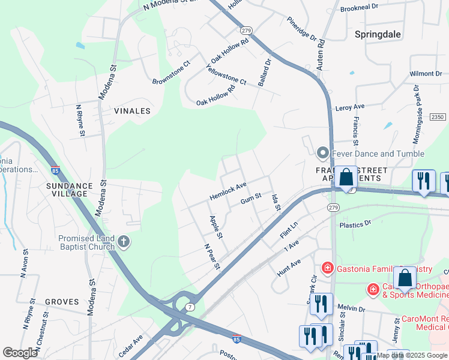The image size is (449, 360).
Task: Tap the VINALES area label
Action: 132,111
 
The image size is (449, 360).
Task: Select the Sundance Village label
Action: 70,190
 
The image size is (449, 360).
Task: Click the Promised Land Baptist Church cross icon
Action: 124,242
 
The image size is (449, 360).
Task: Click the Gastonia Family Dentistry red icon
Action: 328,266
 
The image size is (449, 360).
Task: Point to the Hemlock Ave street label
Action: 228,191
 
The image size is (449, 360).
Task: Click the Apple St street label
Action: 216,226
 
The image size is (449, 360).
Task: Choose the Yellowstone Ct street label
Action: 226,74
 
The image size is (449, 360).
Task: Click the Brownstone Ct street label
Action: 171,73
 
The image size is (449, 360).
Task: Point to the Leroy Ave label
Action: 351,106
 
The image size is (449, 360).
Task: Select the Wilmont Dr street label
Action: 426,74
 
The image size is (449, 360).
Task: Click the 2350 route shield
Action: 438,118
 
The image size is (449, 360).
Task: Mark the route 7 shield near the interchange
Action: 189,307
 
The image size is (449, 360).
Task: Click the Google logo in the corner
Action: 20,353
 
